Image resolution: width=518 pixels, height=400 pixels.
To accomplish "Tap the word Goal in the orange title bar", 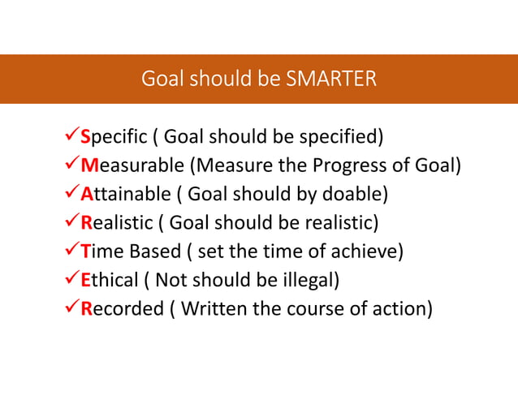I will pyautogui.click(x=161, y=79).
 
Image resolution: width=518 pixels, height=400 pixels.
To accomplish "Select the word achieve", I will pyautogui.click(x=367, y=252).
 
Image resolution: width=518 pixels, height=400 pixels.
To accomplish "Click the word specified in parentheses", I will pyautogui.click(x=343, y=135).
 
